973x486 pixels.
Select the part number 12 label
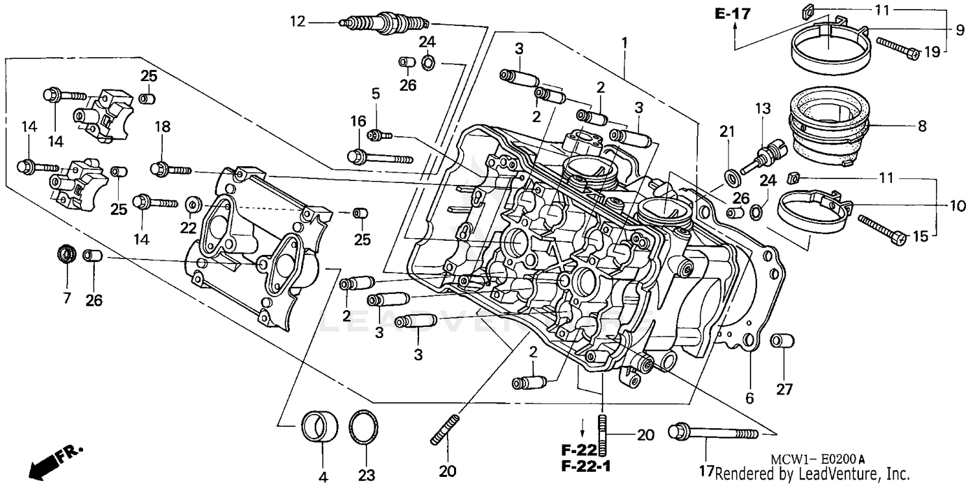point(297,21)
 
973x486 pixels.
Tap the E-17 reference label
point(732,13)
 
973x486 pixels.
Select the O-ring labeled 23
point(364,426)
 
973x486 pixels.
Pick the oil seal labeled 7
point(66,253)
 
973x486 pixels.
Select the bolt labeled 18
point(171,169)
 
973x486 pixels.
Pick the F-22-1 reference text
point(586,465)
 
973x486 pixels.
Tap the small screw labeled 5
point(379,135)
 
